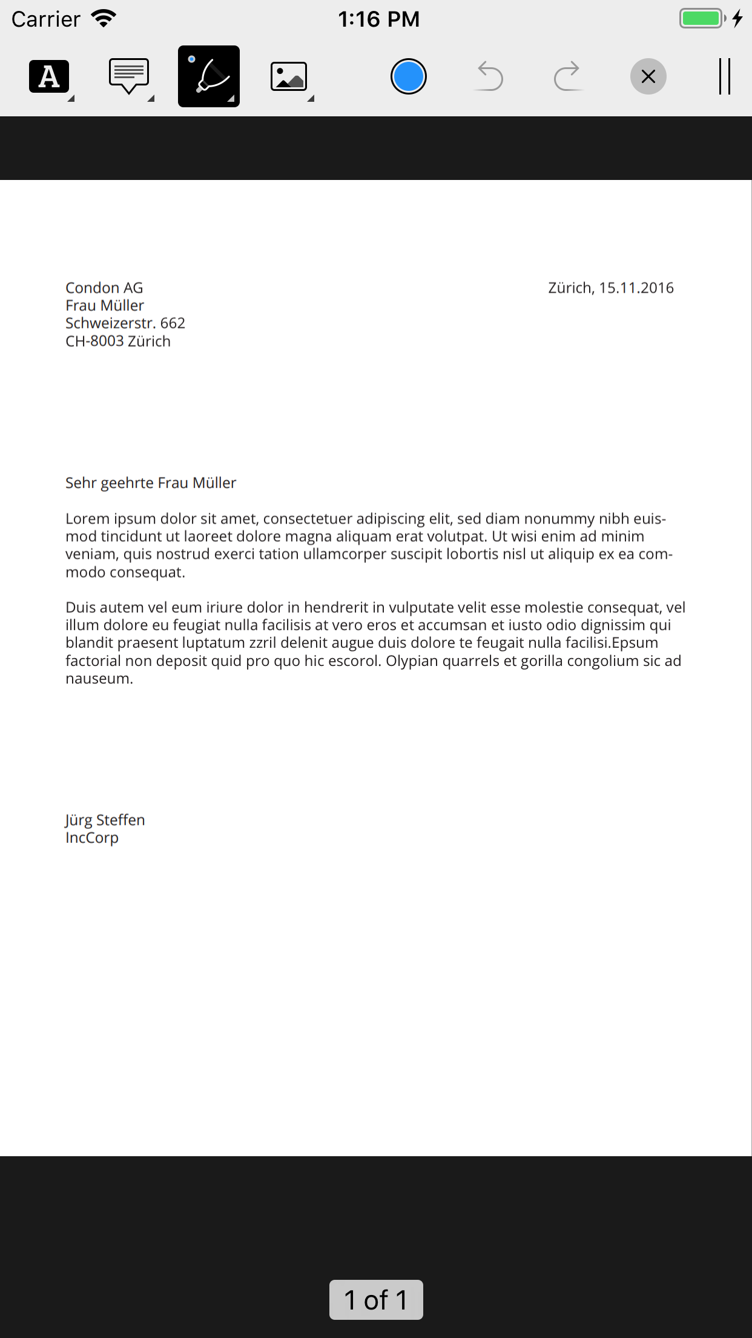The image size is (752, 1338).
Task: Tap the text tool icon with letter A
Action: (x=49, y=76)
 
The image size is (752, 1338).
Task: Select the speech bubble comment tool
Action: (x=129, y=76)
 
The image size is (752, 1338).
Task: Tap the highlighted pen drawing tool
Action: (x=209, y=76)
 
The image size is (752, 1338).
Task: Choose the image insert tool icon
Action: (x=289, y=77)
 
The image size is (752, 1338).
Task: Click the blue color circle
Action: (x=409, y=76)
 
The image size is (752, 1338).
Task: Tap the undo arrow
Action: (x=489, y=76)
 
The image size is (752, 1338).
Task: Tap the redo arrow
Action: (x=567, y=76)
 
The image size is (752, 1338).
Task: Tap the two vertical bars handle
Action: (x=724, y=76)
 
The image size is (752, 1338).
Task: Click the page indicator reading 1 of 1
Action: (x=376, y=1300)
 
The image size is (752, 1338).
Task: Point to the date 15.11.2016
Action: (x=636, y=288)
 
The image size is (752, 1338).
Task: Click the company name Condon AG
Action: (x=104, y=288)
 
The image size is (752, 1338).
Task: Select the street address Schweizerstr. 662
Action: (x=125, y=323)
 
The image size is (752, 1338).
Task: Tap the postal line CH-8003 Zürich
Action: (x=118, y=341)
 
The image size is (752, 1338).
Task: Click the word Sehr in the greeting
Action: (x=81, y=483)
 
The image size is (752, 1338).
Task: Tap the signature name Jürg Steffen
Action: (x=105, y=820)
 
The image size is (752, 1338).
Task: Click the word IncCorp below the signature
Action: (x=92, y=837)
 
